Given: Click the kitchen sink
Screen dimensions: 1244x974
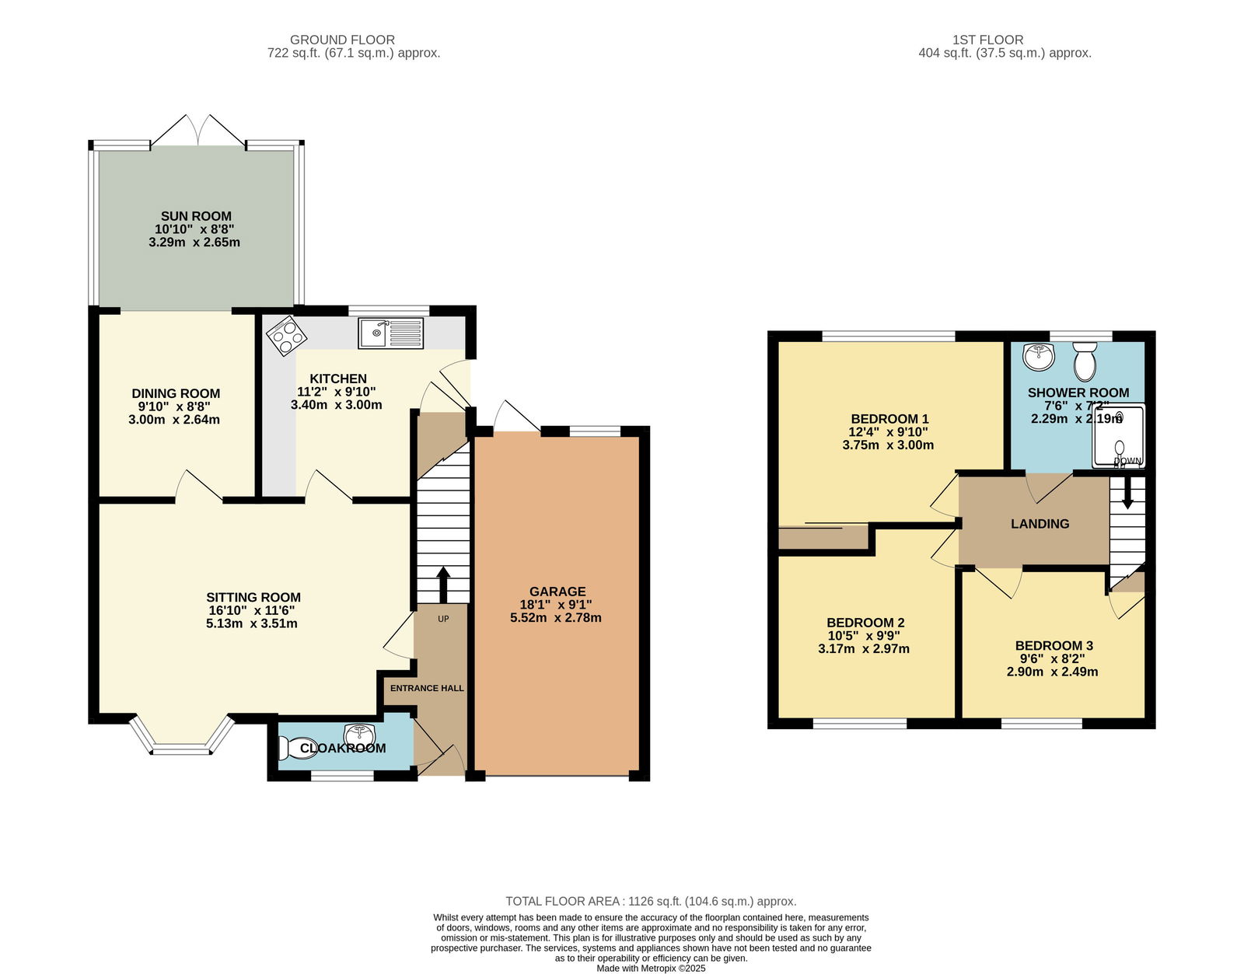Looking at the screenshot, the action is click(x=391, y=333).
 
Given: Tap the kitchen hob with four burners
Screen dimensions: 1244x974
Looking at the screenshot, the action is click(x=286, y=335).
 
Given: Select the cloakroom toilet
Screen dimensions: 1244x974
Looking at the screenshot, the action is click(x=296, y=748).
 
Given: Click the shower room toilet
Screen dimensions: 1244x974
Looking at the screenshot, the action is click(x=1085, y=361).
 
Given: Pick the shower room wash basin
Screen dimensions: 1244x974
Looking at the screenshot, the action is click(x=1039, y=357).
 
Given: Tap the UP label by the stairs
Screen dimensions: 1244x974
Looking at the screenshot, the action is click(x=443, y=619).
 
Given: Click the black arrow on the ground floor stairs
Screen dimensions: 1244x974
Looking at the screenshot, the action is click(x=443, y=585).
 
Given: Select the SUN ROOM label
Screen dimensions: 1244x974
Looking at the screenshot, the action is click(x=196, y=216).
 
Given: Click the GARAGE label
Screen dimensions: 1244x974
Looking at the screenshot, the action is click(x=557, y=592).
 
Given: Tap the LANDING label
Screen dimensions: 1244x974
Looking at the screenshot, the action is click(x=1040, y=524).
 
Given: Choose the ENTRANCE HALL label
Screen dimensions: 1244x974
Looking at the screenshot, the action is click(x=427, y=688).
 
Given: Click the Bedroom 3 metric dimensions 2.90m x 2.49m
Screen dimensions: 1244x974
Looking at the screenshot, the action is click(x=1052, y=672).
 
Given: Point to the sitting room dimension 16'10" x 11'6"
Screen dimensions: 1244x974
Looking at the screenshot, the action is click(x=251, y=611).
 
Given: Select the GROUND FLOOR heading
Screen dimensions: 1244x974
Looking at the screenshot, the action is click(x=342, y=40).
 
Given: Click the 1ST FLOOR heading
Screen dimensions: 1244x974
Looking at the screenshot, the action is click(x=987, y=40).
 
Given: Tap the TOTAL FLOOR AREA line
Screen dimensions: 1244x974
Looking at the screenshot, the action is click(x=651, y=902).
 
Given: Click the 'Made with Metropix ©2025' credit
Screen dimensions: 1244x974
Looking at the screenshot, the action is click(x=651, y=969).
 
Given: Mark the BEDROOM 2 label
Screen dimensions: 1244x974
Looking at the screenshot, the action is click(x=865, y=623).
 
